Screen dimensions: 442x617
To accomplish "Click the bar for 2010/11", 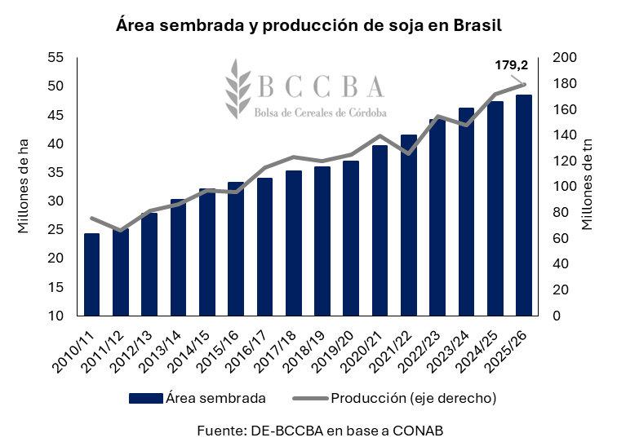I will [92, 274].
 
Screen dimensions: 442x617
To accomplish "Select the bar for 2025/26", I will [524, 205].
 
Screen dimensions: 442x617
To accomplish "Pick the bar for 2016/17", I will [265, 246].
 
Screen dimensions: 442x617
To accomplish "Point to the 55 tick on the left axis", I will [56, 57].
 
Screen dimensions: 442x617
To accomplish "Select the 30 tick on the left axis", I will [56, 201].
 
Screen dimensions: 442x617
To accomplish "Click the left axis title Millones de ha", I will [24, 186].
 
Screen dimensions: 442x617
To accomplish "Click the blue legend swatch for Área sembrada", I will [145, 399].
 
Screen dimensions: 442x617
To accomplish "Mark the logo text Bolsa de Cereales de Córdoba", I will [321, 111].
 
